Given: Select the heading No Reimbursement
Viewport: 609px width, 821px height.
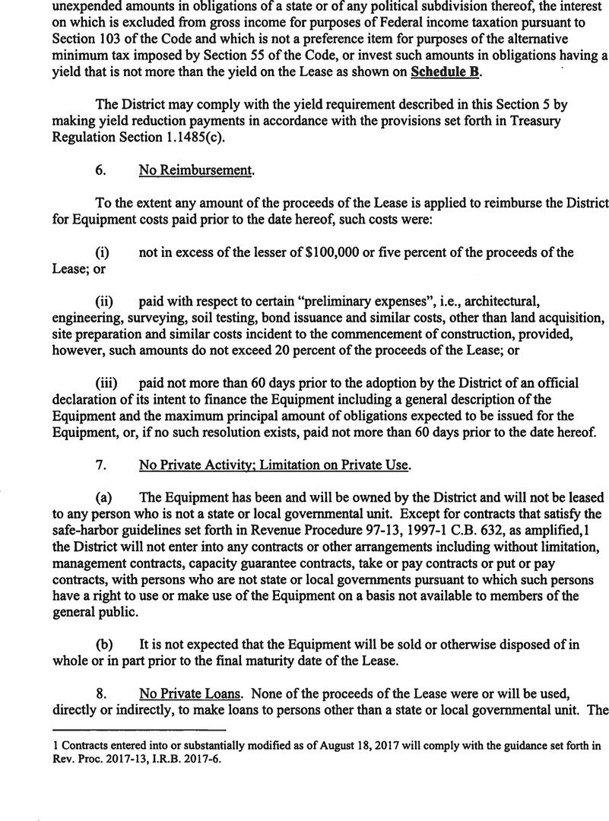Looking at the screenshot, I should tap(195, 171).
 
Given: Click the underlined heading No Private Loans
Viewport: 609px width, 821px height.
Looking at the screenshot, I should tap(191, 694).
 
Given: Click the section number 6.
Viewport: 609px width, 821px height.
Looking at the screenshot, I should tap(100, 171).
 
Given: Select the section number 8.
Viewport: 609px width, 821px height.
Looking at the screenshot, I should tap(100, 694).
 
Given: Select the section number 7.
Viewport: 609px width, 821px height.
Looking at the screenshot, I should tap(100, 464).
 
